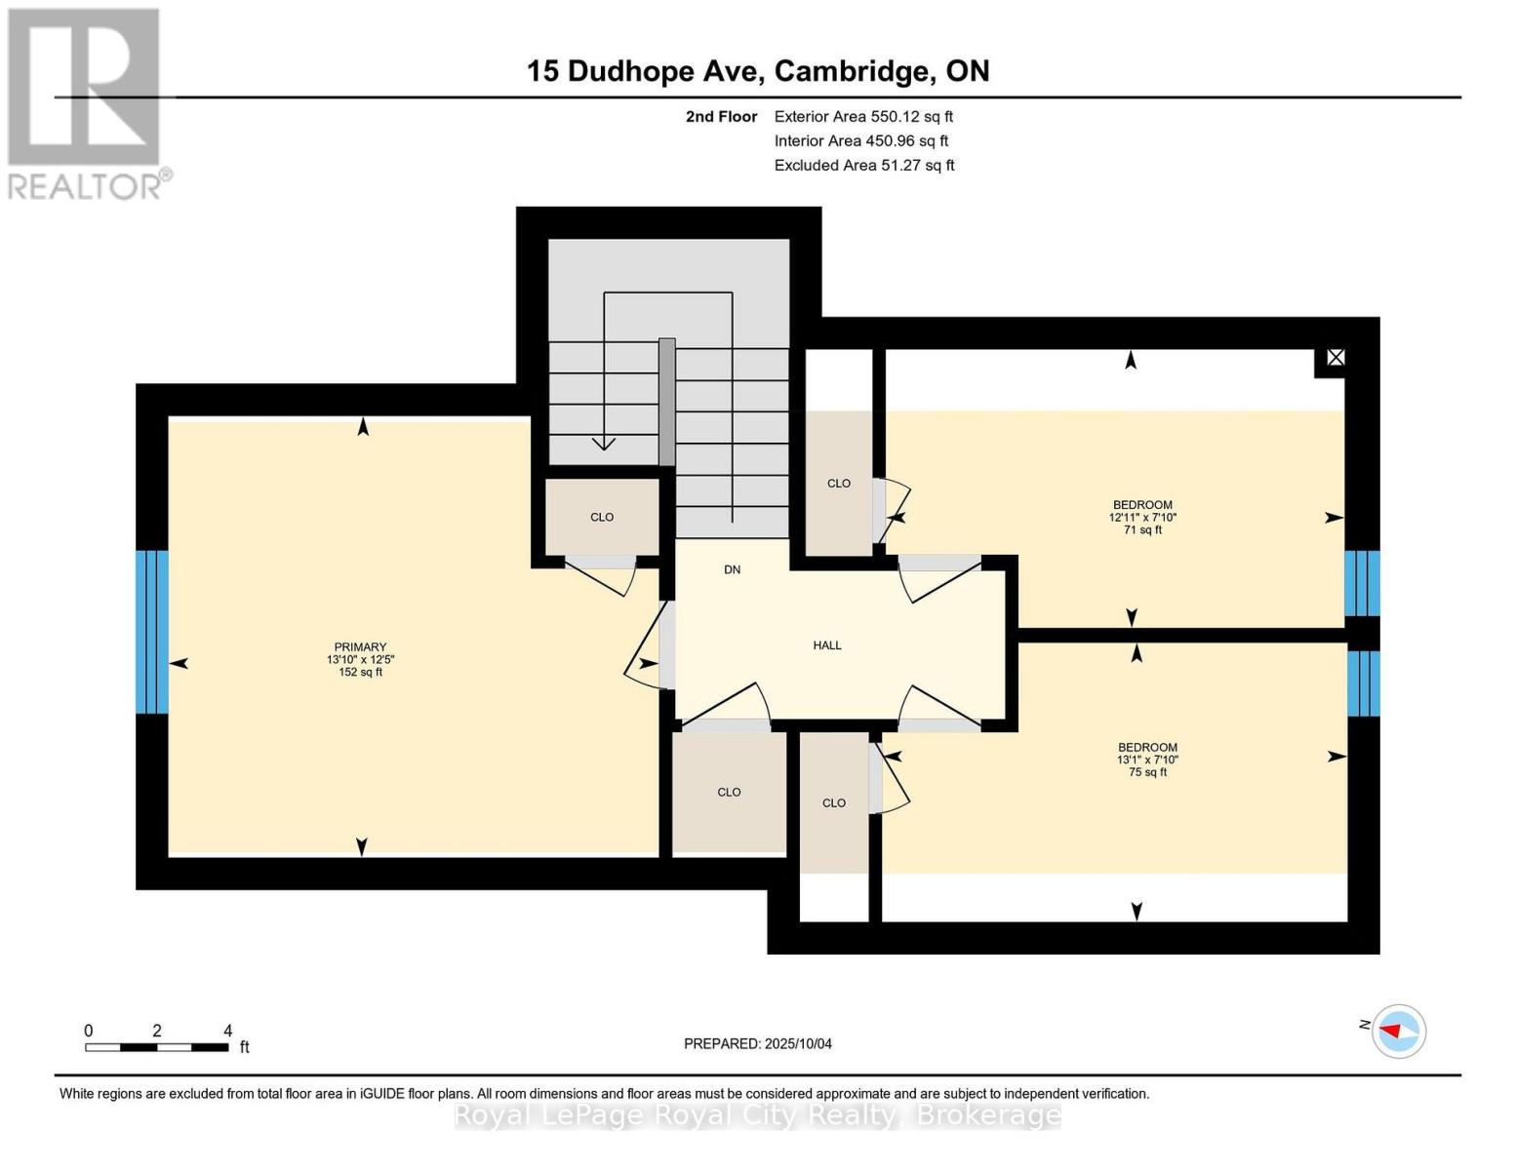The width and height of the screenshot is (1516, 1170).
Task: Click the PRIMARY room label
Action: tap(360, 647)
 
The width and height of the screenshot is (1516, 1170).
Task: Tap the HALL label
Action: tap(827, 645)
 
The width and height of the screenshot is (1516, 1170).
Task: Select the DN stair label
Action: tap(732, 569)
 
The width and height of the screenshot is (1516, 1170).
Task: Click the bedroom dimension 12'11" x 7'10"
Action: tap(1142, 518)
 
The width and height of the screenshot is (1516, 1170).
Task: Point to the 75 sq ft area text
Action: tap(1147, 772)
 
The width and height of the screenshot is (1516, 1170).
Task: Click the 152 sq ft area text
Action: tap(360, 673)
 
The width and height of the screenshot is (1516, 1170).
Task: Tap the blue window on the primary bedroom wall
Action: tap(151, 632)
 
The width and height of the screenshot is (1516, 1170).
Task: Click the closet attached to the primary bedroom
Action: tap(602, 517)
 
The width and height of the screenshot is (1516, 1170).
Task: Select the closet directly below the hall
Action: tap(729, 792)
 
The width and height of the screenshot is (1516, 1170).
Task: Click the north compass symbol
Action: tap(1398, 1031)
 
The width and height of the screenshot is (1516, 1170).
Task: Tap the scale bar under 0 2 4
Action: tap(156, 1048)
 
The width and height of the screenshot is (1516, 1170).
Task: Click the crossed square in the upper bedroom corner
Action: tap(1336, 358)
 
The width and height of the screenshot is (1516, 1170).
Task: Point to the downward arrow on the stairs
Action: tap(604, 443)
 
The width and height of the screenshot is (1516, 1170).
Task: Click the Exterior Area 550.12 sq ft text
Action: tap(863, 116)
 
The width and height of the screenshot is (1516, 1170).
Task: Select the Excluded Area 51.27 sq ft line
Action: tap(864, 166)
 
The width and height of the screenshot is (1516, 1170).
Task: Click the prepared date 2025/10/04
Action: tap(758, 1044)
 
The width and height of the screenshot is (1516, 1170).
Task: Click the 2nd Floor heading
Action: tap(721, 116)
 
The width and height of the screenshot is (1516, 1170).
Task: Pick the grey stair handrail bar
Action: tap(667, 402)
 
